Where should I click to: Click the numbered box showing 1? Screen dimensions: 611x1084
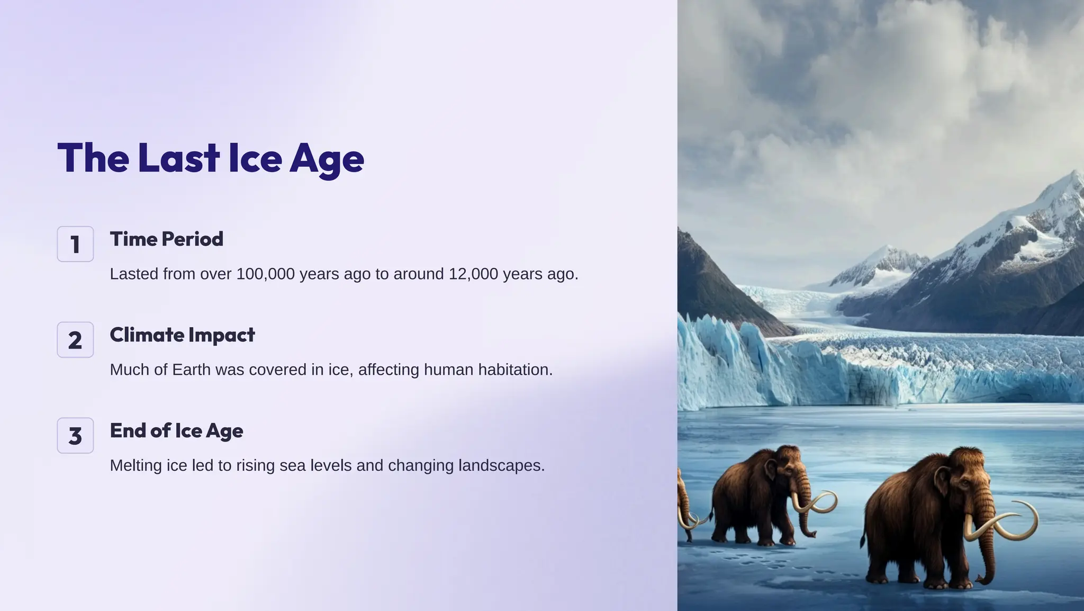click(75, 244)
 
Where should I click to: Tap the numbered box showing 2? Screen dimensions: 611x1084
click(75, 340)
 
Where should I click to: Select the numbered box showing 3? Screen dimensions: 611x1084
click(75, 436)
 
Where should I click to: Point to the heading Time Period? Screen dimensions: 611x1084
click(166, 239)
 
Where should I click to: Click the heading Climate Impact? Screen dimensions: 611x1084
click(182, 335)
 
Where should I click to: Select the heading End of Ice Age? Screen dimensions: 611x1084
click(176, 431)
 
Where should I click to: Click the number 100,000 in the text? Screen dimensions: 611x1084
click(265, 274)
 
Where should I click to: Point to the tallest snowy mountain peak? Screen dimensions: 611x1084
click(1074, 177)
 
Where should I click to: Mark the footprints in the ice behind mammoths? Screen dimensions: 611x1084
click(767, 561)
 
